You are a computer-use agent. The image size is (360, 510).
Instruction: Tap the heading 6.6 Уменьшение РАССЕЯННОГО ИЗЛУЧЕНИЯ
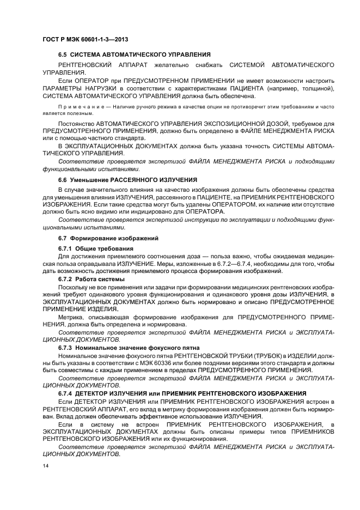(x=127, y=179)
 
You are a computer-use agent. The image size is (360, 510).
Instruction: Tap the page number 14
(x=46, y=465)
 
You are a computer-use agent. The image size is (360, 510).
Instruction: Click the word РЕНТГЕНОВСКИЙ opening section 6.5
(x=86, y=65)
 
